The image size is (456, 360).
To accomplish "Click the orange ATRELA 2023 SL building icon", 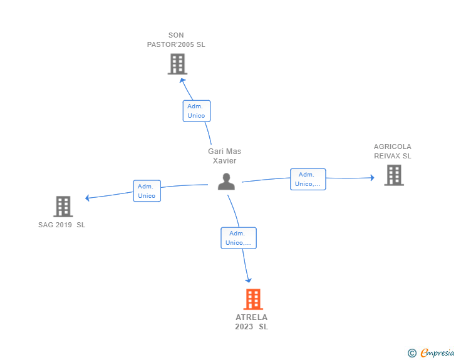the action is click(x=253, y=299).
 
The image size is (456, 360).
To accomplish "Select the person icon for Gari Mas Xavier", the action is click(x=226, y=182).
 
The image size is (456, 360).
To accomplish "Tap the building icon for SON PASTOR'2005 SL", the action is click(x=177, y=64).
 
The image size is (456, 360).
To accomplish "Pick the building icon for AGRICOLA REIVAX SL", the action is click(x=394, y=175).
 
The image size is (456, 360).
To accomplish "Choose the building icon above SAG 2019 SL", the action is click(x=63, y=207).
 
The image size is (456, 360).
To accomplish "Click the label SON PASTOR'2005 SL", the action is click(x=176, y=40).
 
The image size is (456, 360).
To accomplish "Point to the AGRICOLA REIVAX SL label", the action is click(x=393, y=152).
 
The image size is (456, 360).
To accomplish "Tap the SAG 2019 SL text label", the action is click(x=61, y=225).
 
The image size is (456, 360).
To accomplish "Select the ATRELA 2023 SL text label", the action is click(x=252, y=322).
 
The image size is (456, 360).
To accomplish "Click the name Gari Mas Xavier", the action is click(x=224, y=156).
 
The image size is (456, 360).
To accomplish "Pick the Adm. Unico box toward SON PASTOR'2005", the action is click(x=197, y=111).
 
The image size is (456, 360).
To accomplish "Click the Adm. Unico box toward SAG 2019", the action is click(x=147, y=191).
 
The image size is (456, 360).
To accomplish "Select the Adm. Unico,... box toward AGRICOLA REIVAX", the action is click(x=308, y=179).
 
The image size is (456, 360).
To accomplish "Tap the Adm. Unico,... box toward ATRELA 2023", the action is click(x=239, y=238).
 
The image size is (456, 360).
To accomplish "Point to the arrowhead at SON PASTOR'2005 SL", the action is click(x=182, y=81).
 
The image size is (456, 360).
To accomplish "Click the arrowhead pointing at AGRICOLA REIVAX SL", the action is click(x=372, y=178).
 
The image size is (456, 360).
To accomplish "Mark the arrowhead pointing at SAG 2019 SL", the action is click(x=87, y=198).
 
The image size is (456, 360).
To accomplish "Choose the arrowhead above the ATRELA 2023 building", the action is click(x=248, y=280).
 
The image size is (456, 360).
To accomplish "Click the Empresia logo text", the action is click(x=437, y=352).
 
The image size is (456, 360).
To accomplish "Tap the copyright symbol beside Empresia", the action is click(x=412, y=353).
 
